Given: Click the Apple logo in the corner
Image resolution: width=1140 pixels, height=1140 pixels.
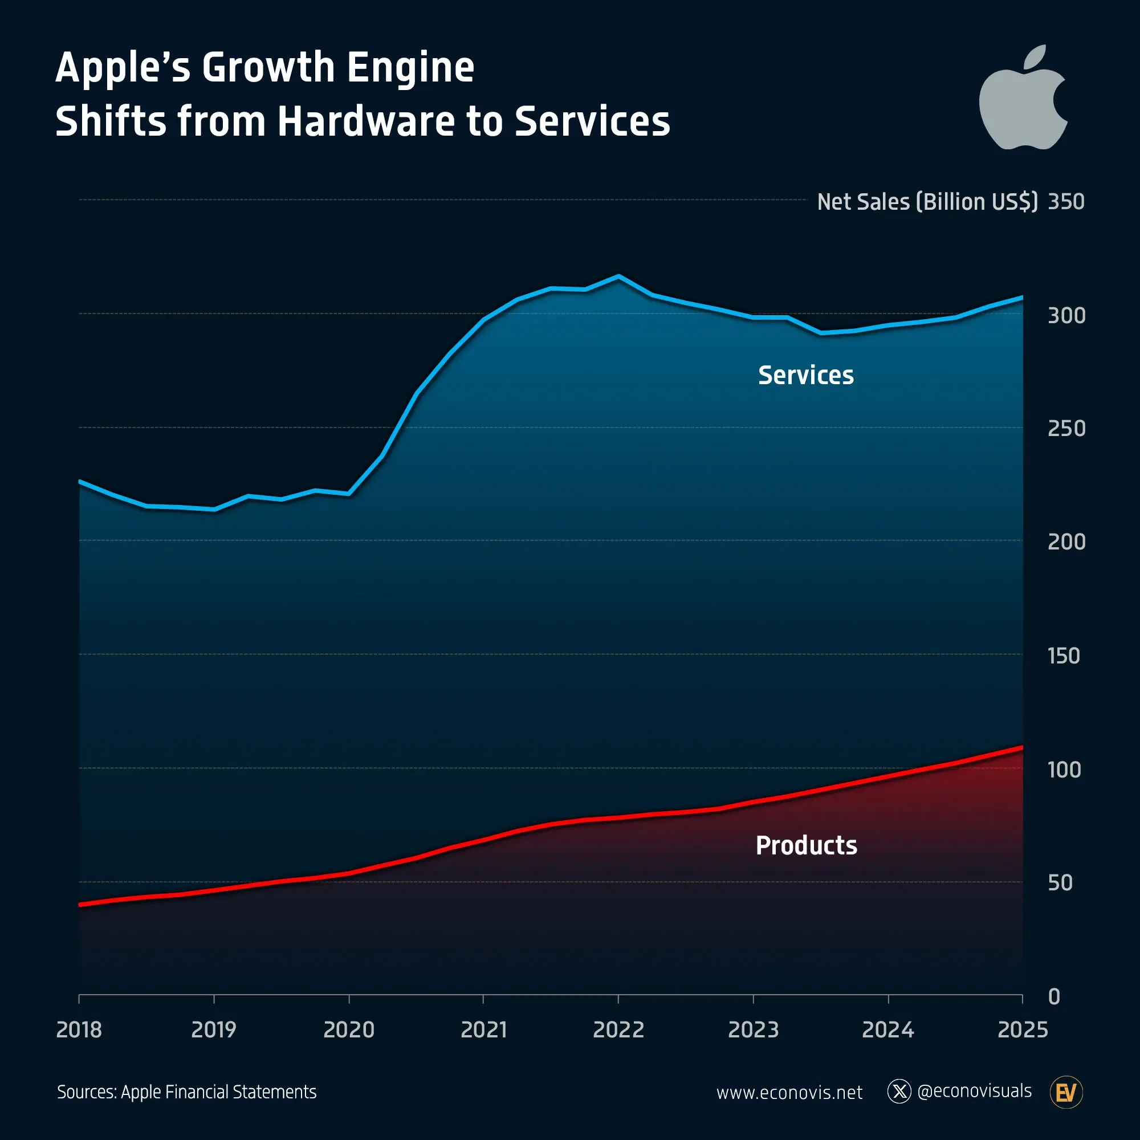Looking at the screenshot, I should click(1023, 103).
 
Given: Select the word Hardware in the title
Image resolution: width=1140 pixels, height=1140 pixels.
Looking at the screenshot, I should click(366, 121).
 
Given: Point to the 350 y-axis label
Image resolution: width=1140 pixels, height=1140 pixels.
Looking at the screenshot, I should click(1066, 202).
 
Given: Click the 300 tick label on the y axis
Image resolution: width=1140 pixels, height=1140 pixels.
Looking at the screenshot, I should click(1066, 316).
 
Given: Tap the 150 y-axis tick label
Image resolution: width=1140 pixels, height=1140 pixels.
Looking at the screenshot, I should click(1063, 655).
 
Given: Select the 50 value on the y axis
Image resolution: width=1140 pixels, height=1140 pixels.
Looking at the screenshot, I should click(1060, 883).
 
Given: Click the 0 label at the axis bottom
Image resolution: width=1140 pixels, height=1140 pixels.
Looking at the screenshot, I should click(1054, 996).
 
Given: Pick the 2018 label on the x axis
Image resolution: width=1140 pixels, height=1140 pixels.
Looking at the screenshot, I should click(79, 1029).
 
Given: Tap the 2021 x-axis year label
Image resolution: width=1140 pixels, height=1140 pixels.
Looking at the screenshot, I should click(483, 1029).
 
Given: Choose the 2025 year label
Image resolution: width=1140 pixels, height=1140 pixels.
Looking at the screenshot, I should click(1022, 1029).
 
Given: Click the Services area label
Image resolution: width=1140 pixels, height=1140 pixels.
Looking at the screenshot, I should click(805, 375).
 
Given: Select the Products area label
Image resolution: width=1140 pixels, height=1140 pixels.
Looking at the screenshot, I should click(806, 845).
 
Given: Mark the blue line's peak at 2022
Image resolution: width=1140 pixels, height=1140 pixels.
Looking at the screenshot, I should click(618, 276).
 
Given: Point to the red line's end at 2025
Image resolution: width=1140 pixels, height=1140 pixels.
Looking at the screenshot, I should click(1021, 748).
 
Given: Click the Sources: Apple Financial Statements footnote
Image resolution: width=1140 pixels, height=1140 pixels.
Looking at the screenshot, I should click(186, 1092).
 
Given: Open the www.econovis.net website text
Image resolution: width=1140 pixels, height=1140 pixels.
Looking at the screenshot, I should click(789, 1092).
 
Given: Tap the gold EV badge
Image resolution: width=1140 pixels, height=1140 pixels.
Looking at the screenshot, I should click(1066, 1092).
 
